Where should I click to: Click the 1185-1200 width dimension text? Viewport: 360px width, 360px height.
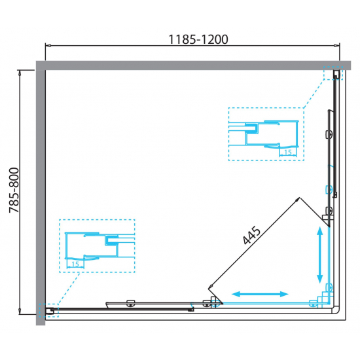[198, 39]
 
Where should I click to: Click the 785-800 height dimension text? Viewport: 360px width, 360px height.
[14, 190]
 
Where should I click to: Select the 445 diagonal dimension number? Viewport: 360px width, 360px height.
[251, 236]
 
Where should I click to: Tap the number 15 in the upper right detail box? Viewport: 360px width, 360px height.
[288, 153]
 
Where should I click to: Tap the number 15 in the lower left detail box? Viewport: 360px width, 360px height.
[75, 264]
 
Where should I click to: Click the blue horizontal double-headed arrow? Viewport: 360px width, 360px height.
[260, 294]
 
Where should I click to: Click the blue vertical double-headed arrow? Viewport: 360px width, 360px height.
[320, 255]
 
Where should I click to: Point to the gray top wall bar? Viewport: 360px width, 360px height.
[193, 65]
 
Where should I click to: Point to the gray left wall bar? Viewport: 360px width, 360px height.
[41, 198]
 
